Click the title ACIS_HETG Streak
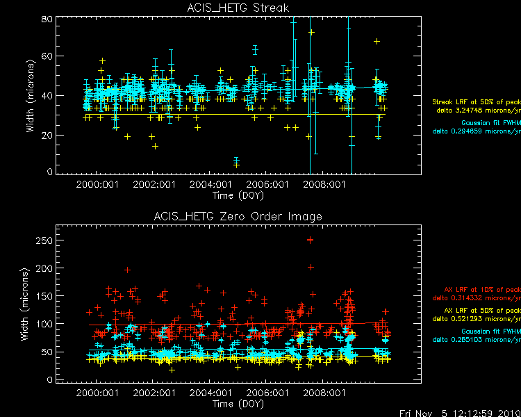click(x=238, y=8)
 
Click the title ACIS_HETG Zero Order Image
click(x=238, y=217)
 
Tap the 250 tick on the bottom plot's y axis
click(x=44, y=240)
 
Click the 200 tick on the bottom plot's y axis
click(x=44, y=268)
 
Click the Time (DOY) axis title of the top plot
click(x=238, y=195)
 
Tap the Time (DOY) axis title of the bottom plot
click(x=238, y=404)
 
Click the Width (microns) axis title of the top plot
click(x=28, y=95)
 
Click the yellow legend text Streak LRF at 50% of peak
click(x=477, y=102)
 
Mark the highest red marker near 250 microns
click(x=310, y=240)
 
